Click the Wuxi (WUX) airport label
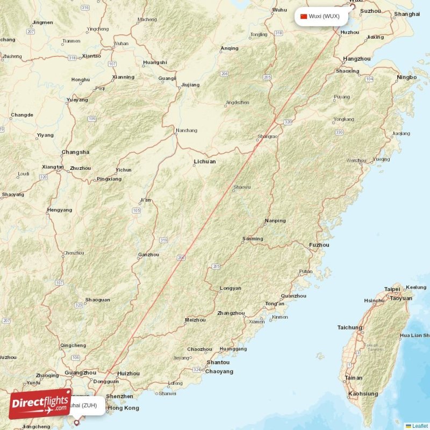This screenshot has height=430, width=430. click(324, 16)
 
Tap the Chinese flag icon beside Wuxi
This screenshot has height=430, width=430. click(304, 16)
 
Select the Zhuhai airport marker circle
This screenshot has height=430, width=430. click(76, 422)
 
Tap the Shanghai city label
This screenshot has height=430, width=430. click(406, 14)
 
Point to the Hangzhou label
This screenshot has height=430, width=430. click(357, 59)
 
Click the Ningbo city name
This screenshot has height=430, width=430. click(406, 77)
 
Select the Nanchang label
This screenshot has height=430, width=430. click(187, 130)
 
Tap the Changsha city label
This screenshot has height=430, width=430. click(75, 152)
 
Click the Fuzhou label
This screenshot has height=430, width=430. click(319, 245)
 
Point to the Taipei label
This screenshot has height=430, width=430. click(392, 289)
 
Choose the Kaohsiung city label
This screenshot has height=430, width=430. click(363, 394)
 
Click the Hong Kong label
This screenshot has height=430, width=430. click(123, 408)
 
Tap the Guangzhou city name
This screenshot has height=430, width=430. click(80, 372)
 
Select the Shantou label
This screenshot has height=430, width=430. click(218, 362)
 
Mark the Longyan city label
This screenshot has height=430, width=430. click(231, 289)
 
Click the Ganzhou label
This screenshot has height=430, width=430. click(148, 255)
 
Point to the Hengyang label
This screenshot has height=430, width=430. click(60, 210)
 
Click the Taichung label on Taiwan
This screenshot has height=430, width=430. click(349, 328)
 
